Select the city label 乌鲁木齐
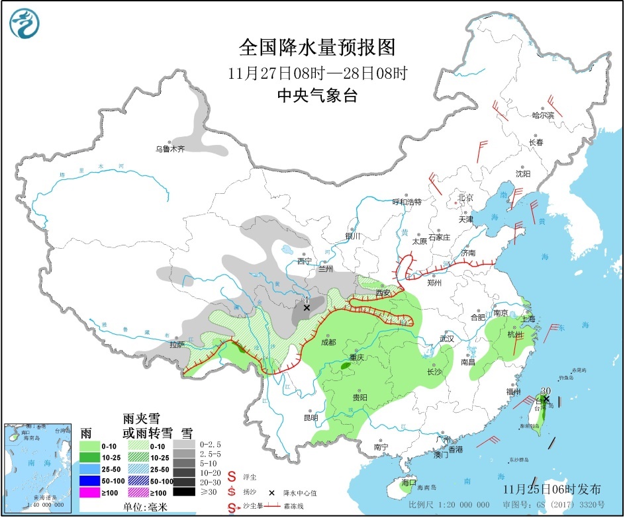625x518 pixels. pos(169,149)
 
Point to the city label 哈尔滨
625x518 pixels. pos(543,114)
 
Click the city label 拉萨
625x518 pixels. pos(177,344)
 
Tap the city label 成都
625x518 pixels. pos(328,342)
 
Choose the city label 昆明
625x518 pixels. pos(311,417)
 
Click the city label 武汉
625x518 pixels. pos(447,339)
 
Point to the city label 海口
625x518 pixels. pos(408,482)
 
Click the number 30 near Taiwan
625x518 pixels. pos(546,391)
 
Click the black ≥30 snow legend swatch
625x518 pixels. pos(183,492)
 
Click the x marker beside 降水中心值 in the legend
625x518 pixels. pos(271,493)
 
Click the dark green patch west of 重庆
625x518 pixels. pos(346,365)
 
